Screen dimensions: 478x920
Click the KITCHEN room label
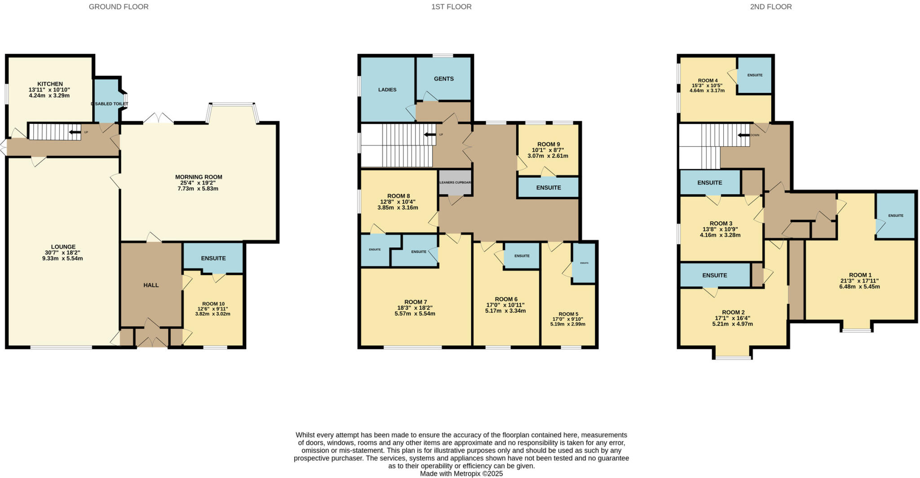click(x=50, y=84)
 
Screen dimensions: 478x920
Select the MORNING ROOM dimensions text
click(x=198, y=186)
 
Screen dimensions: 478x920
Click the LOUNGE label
click(x=63, y=247)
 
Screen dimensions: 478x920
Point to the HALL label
click(x=151, y=285)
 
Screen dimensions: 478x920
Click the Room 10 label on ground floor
click(x=213, y=304)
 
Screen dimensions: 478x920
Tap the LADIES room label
click(x=387, y=90)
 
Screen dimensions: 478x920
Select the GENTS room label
click(x=443, y=79)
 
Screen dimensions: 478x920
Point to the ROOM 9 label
click(x=548, y=145)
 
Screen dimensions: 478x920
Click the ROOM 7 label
click(x=416, y=302)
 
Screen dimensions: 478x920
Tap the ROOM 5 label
click(x=568, y=314)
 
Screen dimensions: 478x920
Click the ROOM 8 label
click(x=398, y=196)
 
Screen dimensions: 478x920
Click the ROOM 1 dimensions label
click(x=859, y=284)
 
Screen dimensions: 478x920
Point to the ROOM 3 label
click(x=721, y=224)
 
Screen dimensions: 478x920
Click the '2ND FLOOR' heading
click(x=771, y=7)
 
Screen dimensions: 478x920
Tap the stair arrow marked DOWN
click(x=744, y=135)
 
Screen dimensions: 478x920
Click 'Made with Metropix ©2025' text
click(x=461, y=474)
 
